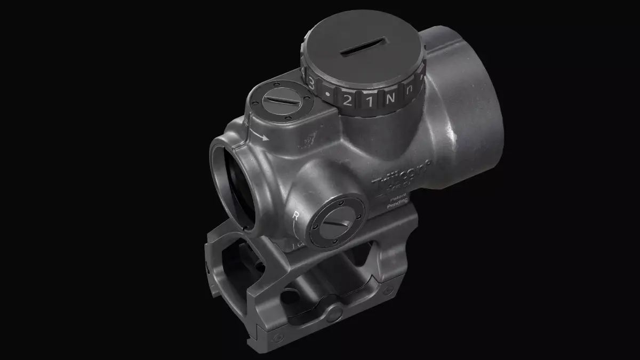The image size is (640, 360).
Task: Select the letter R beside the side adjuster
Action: (x=297, y=215)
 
